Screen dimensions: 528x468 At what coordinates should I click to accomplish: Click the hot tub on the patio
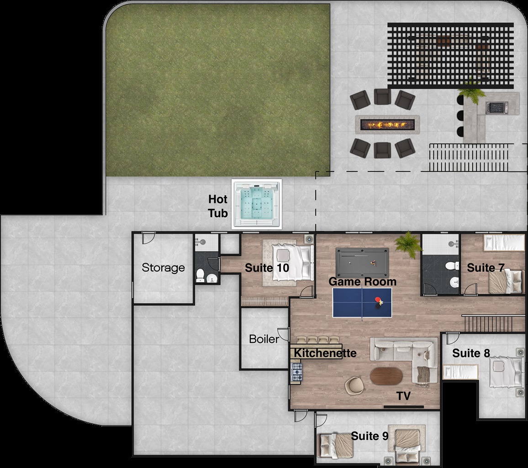point(257,204)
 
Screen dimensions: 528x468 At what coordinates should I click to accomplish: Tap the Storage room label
point(164,267)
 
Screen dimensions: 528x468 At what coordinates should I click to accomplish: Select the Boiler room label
point(264,339)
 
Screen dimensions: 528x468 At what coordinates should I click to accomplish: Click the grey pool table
point(362,258)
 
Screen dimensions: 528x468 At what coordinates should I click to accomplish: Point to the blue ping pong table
point(362,302)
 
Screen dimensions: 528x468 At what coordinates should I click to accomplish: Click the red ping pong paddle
point(378,299)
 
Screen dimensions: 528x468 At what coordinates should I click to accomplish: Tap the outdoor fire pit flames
point(387,125)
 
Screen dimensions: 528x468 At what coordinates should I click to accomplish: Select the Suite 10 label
point(267,268)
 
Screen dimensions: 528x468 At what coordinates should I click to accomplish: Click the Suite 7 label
point(486,268)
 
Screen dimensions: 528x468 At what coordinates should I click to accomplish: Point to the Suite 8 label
point(471,353)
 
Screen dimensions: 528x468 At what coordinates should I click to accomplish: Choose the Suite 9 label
point(370,436)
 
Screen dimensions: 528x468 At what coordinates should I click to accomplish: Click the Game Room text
point(362,282)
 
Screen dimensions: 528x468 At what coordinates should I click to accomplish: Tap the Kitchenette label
point(325,353)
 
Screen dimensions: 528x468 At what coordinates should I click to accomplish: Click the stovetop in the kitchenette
point(296,372)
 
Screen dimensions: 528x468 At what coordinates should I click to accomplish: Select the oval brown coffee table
point(386,376)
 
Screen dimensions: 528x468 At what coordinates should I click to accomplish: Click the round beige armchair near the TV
point(354,384)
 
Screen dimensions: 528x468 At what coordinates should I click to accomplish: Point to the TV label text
point(403,395)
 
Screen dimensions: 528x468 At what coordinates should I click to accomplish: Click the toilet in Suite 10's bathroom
point(200,275)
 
